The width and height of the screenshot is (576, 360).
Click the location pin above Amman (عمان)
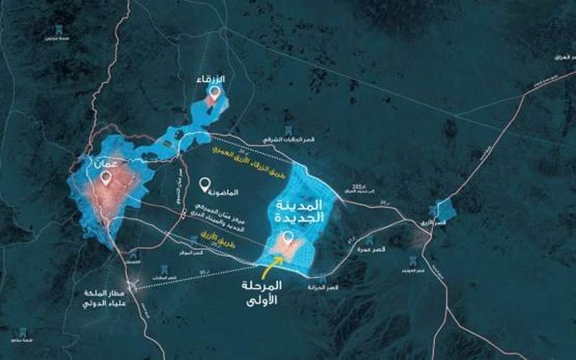[x=107, y=178]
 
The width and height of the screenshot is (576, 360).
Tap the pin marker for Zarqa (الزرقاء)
[x=214, y=93]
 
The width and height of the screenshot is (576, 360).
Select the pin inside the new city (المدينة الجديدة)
[x=288, y=238]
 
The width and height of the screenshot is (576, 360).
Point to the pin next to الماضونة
[x=205, y=185]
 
